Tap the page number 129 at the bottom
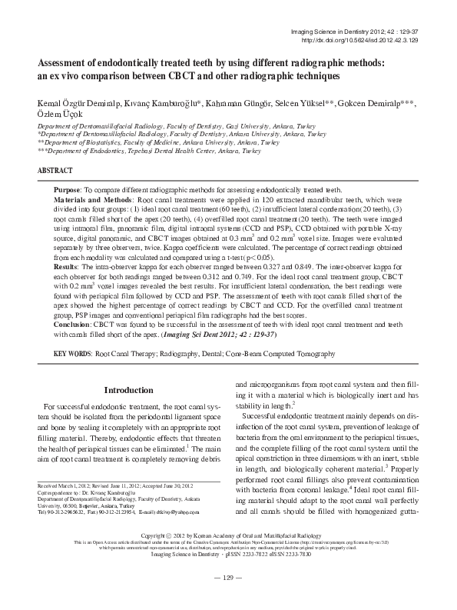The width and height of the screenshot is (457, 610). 227,599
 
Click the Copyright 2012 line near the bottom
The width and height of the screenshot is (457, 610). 227,555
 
